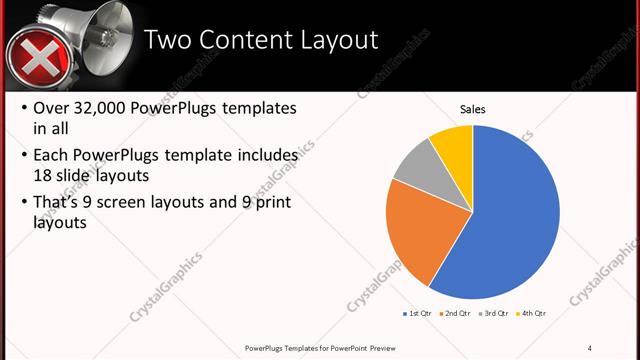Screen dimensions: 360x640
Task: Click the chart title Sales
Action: [472, 108]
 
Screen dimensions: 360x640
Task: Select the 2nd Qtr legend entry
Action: [455, 313]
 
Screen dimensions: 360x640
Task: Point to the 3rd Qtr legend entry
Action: [493, 313]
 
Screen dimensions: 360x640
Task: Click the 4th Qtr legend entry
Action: [531, 313]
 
